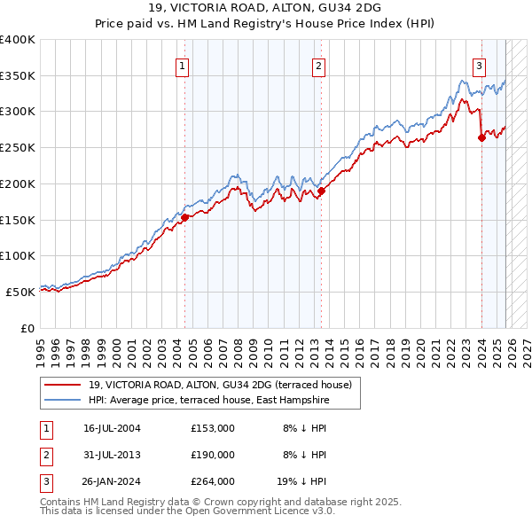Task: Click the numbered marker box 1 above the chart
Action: (x=182, y=65)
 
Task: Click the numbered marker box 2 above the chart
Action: (x=318, y=65)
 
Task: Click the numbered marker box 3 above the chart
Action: (x=479, y=65)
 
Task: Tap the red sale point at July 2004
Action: (x=185, y=217)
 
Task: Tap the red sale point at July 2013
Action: (x=322, y=191)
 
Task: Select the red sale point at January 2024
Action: (x=481, y=137)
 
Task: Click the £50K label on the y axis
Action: (x=20, y=292)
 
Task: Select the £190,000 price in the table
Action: (x=212, y=455)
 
